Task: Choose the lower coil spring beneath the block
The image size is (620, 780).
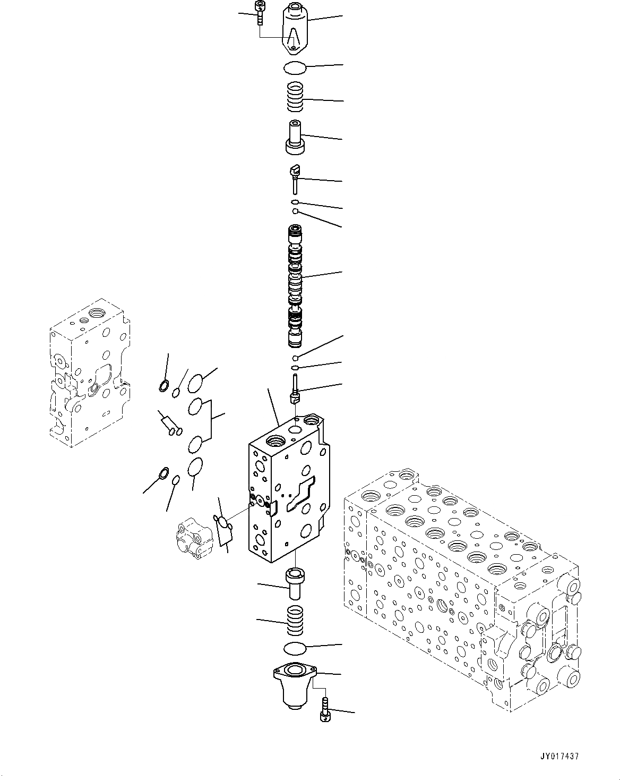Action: [x=295, y=620]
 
